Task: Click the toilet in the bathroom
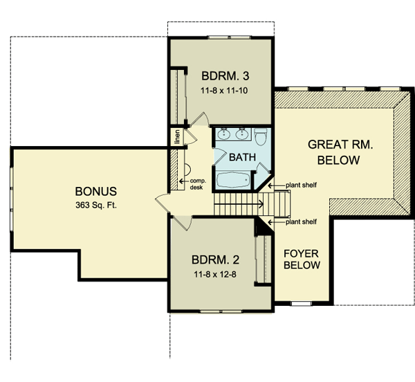click(261, 136)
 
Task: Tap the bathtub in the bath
click(234, 180)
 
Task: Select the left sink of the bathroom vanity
click(224, 134)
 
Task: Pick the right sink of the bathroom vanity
click(241, 134)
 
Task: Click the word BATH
click(243, 157)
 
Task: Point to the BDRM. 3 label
click(225, 76)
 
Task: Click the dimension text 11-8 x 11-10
click(224, 91)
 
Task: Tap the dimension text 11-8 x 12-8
click(215, 275)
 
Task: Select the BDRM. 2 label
click(215, 260)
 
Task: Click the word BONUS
click(96, 192)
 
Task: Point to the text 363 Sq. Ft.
click(96, 205)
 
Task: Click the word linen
click(177, 136)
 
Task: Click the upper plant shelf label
click(301, 185)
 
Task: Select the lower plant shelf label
click(301, 221)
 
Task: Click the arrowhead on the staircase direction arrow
click(261, 204)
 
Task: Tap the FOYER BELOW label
click(302, 260)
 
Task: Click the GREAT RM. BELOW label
click(340, 152)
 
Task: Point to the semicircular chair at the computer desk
click(187, 170)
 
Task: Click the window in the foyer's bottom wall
click(302, 304)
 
